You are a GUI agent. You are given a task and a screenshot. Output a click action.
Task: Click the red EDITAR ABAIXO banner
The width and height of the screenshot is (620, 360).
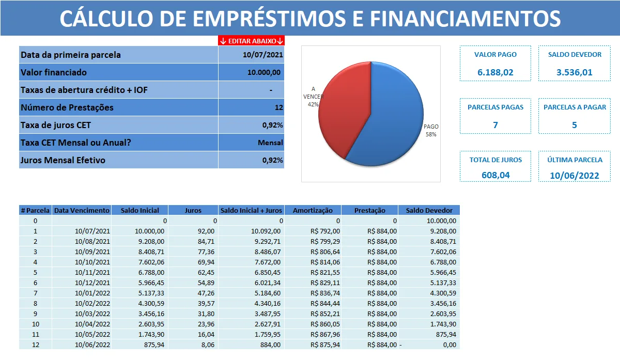(252, 41)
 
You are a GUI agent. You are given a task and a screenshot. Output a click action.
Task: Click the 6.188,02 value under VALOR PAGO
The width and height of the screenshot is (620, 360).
(495, 72)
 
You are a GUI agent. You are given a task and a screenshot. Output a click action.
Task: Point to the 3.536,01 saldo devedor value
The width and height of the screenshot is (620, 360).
(574, 72)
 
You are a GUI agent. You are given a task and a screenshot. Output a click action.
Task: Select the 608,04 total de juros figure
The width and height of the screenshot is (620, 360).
(495, 175)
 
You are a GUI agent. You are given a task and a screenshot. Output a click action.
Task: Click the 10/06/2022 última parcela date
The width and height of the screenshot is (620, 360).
(574, 176)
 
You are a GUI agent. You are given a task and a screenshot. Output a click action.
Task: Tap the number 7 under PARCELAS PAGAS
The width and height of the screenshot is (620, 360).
(495, 125)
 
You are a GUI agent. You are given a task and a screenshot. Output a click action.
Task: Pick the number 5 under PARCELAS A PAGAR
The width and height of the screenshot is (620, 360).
(574, 125)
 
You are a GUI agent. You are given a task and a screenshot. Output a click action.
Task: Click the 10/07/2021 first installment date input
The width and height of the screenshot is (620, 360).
(262, 55)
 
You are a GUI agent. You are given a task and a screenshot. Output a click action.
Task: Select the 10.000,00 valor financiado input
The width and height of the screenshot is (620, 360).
(264, 72)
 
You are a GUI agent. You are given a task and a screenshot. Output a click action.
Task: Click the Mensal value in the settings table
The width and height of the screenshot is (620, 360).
(270, 143)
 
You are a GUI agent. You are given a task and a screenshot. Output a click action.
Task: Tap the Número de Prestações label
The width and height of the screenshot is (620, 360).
(67, 107)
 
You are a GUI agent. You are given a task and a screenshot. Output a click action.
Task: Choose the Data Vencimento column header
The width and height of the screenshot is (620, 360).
(82, 210)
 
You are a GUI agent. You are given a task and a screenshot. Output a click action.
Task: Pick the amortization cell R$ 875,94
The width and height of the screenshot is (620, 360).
(323, 345)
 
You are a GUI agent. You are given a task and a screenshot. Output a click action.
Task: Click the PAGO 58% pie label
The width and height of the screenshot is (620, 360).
(431, 130)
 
